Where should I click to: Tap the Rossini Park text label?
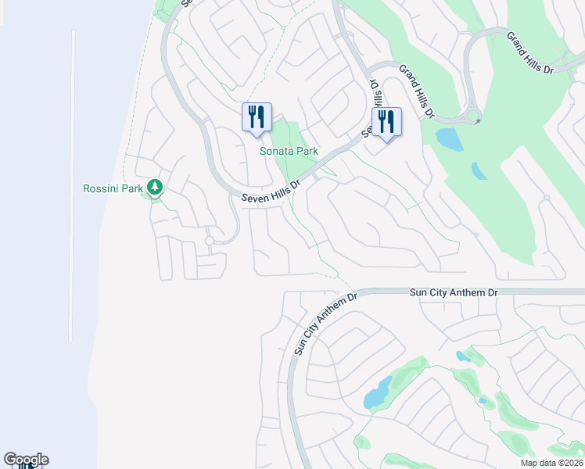[x=114, y=188]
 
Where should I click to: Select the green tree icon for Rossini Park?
[x=156, y=187]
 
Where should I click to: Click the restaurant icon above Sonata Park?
[x=257, y=118]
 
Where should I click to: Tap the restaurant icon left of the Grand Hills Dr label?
[x=386, y=123]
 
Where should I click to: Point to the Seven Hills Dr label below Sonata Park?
[x=271, y=193]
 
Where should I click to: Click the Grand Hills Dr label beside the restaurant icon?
[x=417, y=91]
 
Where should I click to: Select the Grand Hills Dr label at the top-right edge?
[x=529, y=52]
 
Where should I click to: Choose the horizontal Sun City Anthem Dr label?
[x=454, y=292]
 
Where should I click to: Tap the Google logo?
[x=26, y=460]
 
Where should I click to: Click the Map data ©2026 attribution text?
[x=551, y=463]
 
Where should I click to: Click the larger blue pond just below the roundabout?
[x=449, y=139]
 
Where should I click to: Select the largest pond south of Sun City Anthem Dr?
[x=378, y=393]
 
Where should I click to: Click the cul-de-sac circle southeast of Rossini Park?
[x=209, y=241]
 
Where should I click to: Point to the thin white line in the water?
[x=73, y=188]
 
